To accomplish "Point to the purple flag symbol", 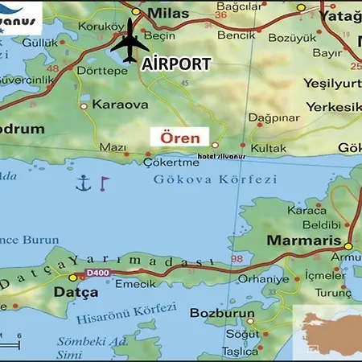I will pyautogui.click(x=103, y=184).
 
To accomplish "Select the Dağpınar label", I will pyautogui.click(x=274, y=117).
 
